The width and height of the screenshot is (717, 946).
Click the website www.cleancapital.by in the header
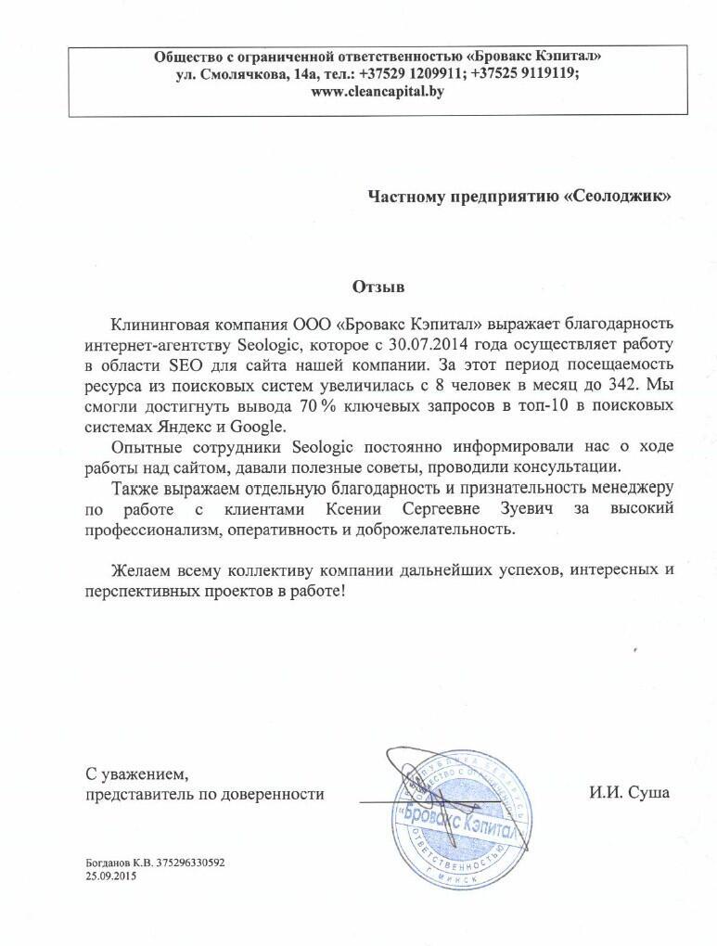point(378,92)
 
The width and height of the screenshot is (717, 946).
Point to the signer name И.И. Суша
point(627,794)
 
